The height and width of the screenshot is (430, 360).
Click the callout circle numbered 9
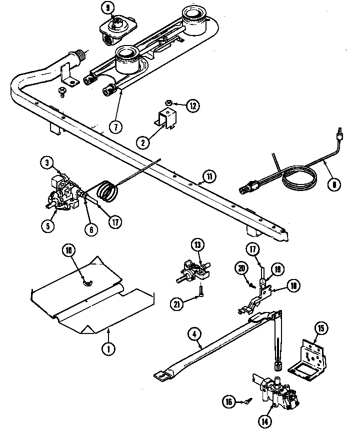pyautogui.click(x=106, y=7)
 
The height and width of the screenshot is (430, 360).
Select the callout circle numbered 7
pyautogui.click(x=115, y=127)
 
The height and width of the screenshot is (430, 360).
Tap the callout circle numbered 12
pyautogui.click(x=193, y=105)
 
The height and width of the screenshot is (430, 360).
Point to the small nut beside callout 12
pyautogui.click(x=169, y=103)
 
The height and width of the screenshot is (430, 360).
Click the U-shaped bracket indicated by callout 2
pyautogui.click(x=166, y=118)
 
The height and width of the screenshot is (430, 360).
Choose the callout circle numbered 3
pyautogui.click(x=46, y=163)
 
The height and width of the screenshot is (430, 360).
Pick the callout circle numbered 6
pyautogui.click(x=91, y=229)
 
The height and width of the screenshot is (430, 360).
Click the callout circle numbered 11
pyautogui.click(x=209, y=175)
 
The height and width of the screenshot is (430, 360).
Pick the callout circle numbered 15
pyautogui.click(x=320, y=328)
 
